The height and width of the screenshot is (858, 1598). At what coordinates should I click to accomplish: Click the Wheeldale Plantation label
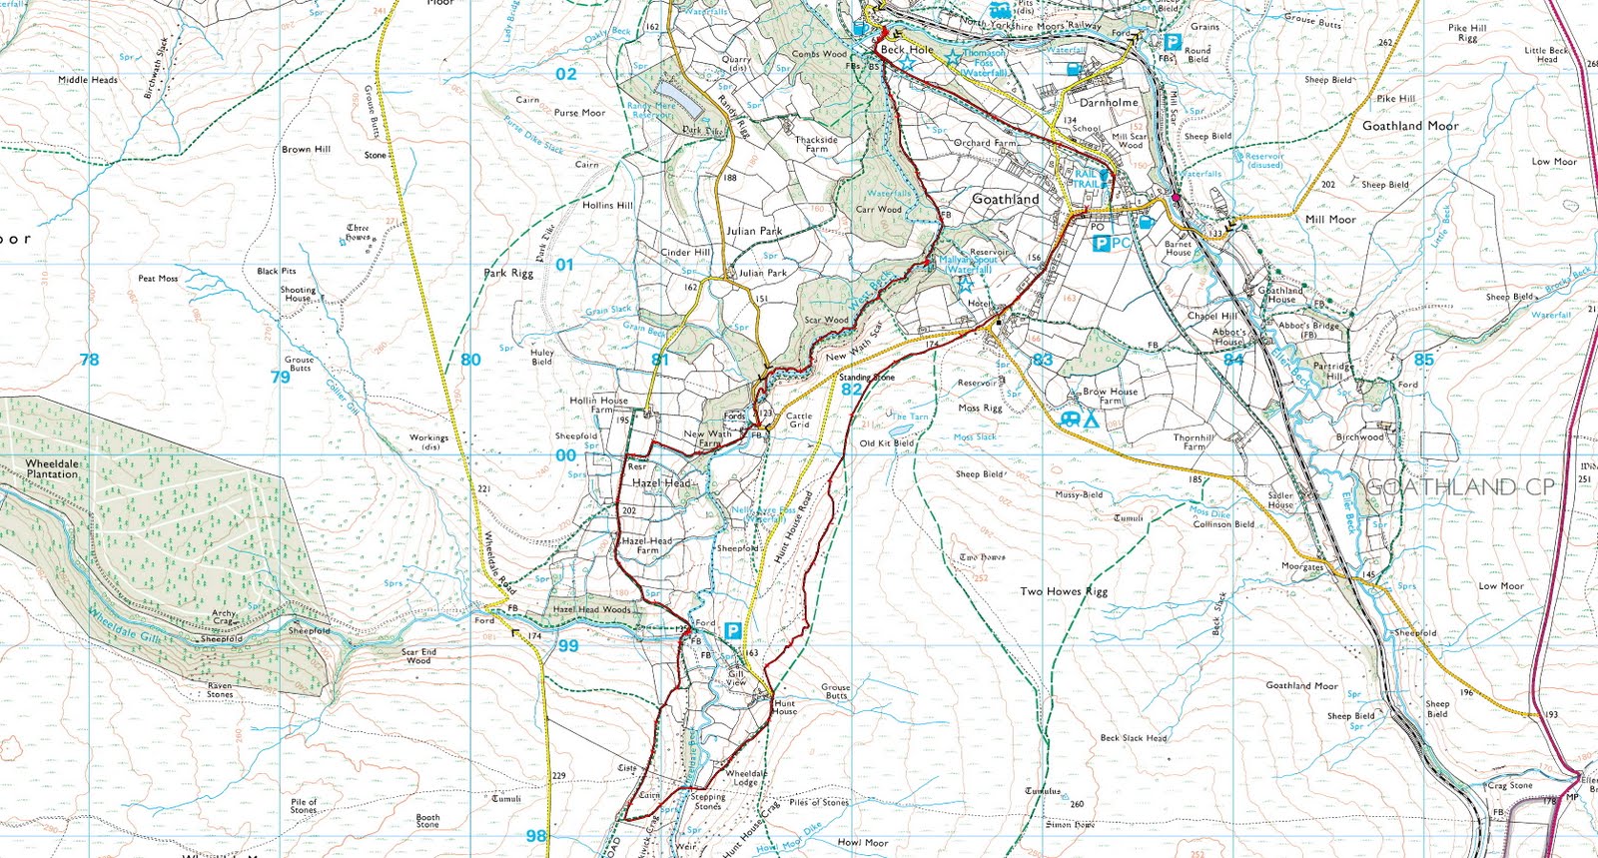pos(52,468)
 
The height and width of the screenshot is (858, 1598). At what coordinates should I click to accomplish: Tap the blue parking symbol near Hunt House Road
pos(733,631)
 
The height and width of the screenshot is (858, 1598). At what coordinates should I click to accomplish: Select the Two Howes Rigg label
pos(1064,591)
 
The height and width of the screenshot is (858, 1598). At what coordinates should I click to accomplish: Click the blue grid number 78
pos(89,360)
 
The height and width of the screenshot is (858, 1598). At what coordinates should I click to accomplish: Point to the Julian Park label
pos(754,231)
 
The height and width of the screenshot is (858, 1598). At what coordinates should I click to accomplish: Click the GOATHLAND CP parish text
pos(1459,487)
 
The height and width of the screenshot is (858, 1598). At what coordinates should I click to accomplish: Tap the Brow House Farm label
pos(1110,397)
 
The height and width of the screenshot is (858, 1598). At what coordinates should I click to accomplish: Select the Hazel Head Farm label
pos(647,545)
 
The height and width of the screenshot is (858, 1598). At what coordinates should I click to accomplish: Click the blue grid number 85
pos(1423,360)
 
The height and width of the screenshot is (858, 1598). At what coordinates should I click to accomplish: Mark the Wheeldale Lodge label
pos(746,778)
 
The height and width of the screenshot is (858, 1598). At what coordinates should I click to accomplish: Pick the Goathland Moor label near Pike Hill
pos(1410,126)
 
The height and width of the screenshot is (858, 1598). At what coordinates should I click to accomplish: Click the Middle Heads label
pos(88,80)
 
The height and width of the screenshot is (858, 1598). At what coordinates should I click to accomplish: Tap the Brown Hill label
pos(306,149)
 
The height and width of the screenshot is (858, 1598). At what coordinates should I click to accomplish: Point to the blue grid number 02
pos(566,74)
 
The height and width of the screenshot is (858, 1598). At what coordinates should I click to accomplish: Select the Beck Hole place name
pos(907,49)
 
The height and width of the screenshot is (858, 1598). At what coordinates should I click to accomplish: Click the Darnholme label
pos(1109,102)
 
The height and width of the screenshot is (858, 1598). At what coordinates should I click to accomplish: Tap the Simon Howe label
pos(1070,824)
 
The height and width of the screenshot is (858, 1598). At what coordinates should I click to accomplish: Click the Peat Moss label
pos(158,279)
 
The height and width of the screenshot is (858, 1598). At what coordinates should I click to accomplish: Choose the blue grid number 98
pos(536,836)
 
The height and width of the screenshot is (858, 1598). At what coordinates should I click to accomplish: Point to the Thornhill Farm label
pos(1194,442)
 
